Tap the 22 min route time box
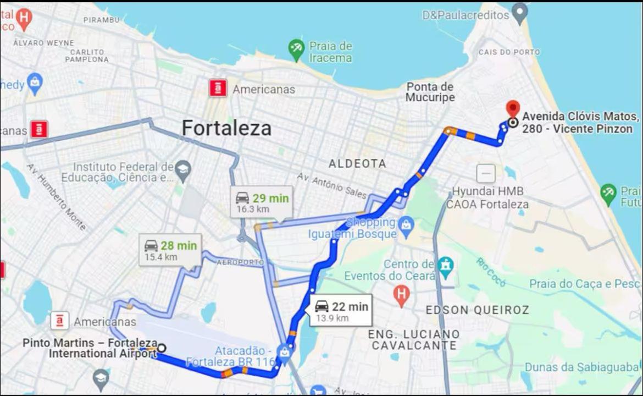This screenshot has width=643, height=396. [x=341, y=311]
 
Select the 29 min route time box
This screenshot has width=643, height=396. [x=262, y=202]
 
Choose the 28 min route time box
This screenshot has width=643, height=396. [x=170, y=250]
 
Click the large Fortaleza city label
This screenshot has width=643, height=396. [x=226, y=129]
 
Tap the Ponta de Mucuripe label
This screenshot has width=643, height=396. [x=430, y=92]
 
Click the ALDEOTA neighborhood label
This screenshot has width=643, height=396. [x=357, y=163]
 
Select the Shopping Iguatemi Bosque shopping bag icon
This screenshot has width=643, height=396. [x=407, y=224]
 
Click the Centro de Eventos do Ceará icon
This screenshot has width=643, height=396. [x=446, y=266]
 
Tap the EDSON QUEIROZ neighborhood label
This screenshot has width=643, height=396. [x=477, y=310]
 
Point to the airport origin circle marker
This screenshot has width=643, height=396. [x=161, y=348]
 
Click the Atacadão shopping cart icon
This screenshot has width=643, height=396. [x=284, y=350]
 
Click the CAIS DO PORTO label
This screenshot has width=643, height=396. [x=509, y=52]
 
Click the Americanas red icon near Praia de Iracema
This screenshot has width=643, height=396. [x=218, y=88]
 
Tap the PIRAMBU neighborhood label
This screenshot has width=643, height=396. [x=101, y=20]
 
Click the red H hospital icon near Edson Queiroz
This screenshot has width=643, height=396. [x=402, y=296]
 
